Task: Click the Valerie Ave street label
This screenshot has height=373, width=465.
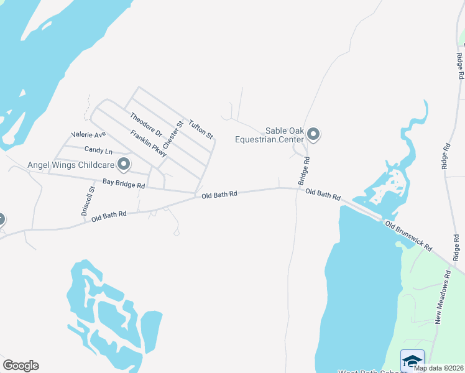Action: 89,134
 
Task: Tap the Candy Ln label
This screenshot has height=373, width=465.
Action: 98,150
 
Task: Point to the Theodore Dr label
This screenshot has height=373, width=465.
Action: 146,125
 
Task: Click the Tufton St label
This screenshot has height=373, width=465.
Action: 201,129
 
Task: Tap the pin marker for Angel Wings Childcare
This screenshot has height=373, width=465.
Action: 124,165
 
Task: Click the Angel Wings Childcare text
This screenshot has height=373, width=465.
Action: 70,165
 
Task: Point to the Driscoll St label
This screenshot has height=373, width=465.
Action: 88,201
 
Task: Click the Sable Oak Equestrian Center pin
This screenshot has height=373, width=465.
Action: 314,134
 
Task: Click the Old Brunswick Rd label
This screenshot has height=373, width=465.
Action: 408,235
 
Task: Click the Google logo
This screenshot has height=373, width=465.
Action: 21,366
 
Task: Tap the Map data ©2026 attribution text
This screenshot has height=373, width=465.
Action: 439,368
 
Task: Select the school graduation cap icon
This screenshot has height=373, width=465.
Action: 412,361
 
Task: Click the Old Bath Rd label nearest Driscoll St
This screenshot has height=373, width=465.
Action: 109,216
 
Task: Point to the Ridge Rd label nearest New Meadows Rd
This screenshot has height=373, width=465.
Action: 456,247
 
